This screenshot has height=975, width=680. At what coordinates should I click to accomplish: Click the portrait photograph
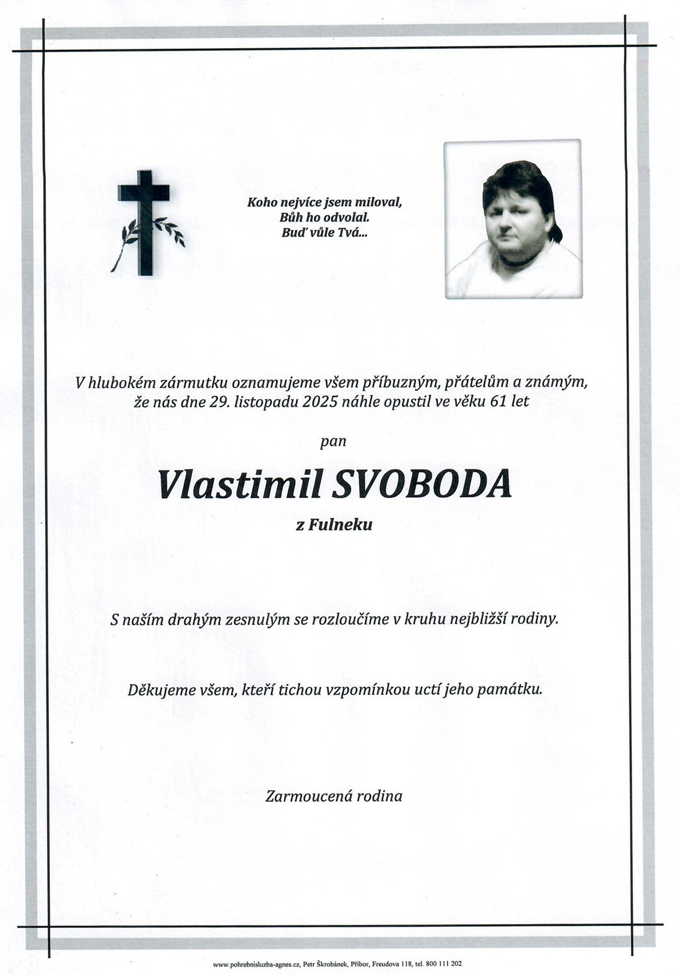(x=513, y=219)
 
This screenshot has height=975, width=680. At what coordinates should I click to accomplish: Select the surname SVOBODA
(x=423, y=485)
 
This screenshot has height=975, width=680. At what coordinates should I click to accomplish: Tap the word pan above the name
(x=333, y=441)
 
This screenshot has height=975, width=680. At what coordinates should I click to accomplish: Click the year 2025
(x=321, y=402)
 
